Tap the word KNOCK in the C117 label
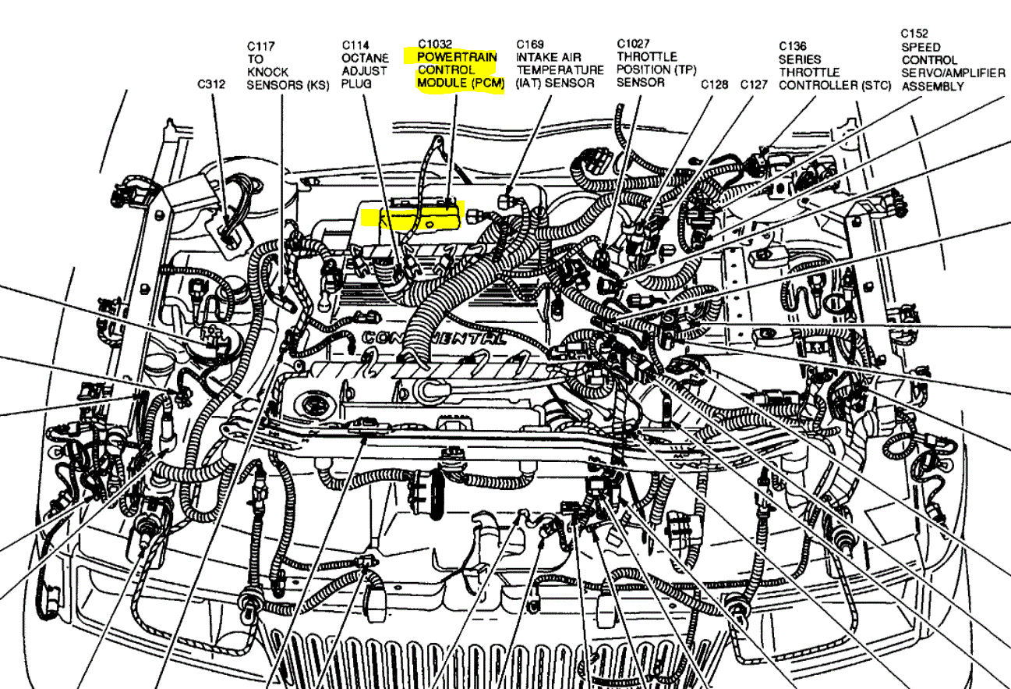point(267,72)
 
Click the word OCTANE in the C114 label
point(365,59)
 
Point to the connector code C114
point(355,45)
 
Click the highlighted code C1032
point(436,44)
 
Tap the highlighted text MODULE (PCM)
point(461,83)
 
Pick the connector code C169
point(531,44)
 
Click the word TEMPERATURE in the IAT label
point(560,70)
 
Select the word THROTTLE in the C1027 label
point(647,57)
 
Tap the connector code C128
point(715,84)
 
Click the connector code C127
point(755,84)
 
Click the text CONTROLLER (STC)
point(834,85)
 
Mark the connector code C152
point(914,34)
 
